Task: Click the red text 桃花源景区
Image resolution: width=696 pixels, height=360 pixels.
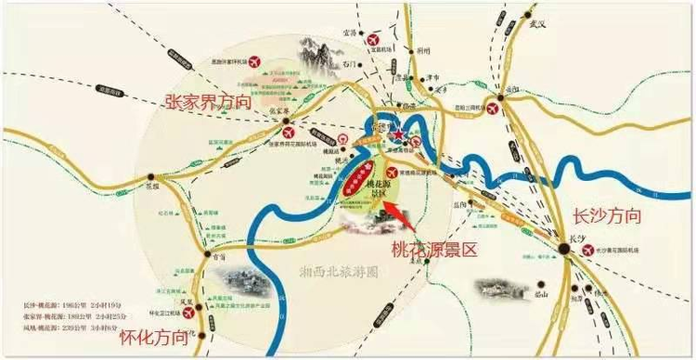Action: click(x=432, y=250)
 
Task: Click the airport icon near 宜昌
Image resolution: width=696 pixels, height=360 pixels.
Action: click(x=374, y=42)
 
